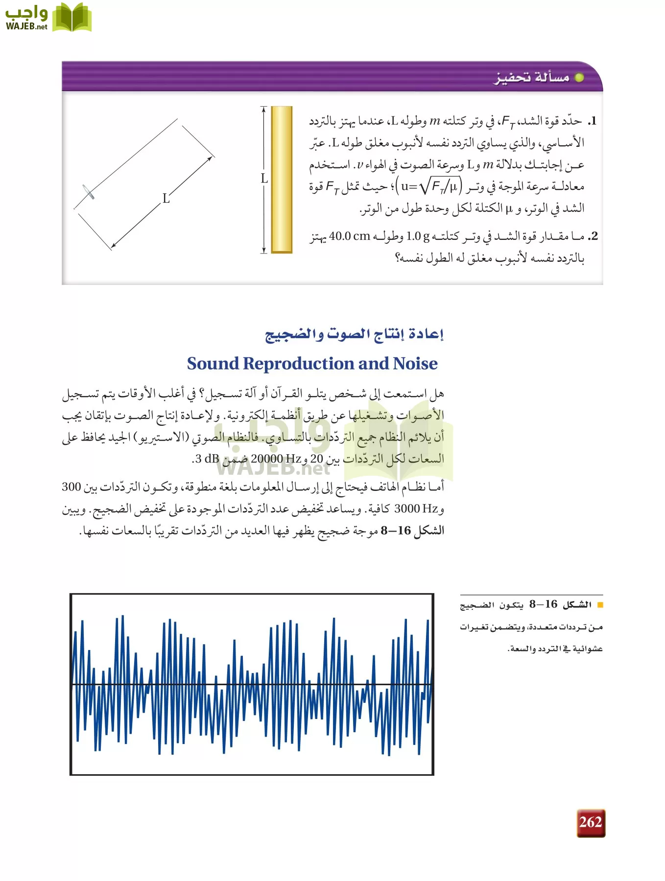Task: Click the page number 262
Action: pyautogui.click(x=591, y=822)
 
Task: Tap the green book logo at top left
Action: pyautogui.click(x=71, y=18)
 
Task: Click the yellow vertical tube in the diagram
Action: pyautogui.click(x=282, y=180)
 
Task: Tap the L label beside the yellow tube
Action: pyautogui.click(x=264, y=179)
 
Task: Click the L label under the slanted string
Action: pyautogui.click(x=166, y=199)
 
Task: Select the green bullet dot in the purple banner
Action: pyautogui.click(x=579, y=78)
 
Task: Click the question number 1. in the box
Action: pyautogui.click(x=593, y=121)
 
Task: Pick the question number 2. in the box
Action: pyautogui.click(x=593, y=236)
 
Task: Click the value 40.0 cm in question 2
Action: pyautogui.click(x=350, y=236)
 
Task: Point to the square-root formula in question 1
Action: pyautogui.click(x=429, y=186)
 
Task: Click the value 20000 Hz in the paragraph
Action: pyautogui.click(x=276, y=459)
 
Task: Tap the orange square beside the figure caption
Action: pyautogui.click(x=600, y=605)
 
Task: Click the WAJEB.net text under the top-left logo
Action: pyautogui.click(x=26, y=27)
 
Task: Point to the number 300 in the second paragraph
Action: pyautogui.click(x=71, y=487)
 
